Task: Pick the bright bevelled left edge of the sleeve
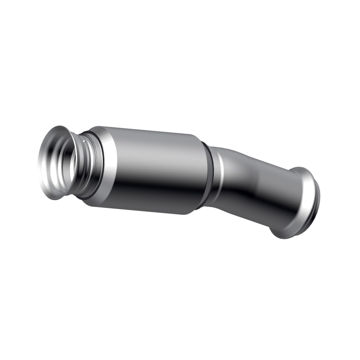click(x=108, y=164)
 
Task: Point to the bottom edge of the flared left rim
click(x=56, y=199)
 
